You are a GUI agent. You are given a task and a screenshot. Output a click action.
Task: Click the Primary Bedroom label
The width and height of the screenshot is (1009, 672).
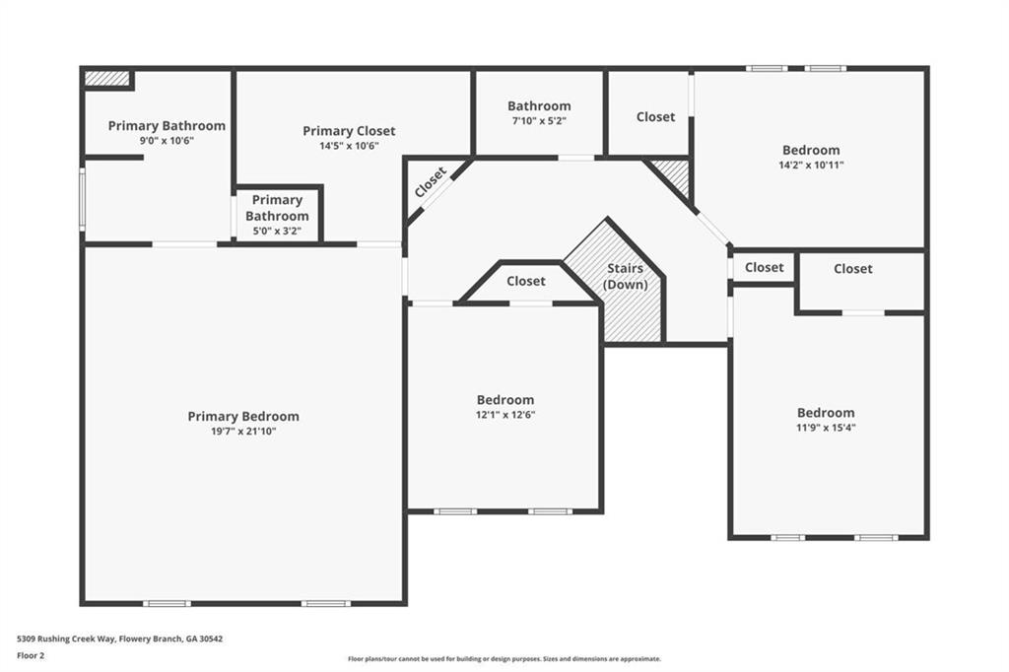pyautogui.click(x=243, y=417)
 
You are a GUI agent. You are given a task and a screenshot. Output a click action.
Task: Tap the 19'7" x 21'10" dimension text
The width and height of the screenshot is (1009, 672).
pyautogui.click(x=243, y=432)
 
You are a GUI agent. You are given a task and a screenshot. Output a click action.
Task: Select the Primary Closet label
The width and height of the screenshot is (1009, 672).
pyautogui.click(x=349, y=131)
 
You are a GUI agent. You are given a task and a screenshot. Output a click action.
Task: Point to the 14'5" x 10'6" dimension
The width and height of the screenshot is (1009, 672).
pyautogui.click(x=349, y=146)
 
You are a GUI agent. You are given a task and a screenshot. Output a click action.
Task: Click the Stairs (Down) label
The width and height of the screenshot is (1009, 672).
pyautogui.click(x=625, y=276)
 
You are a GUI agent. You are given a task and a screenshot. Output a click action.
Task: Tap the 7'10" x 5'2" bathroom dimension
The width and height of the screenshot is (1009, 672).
pyautogui.click(x=539, y=120)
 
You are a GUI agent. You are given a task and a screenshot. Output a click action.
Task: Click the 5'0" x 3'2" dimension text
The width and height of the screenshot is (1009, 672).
pyautogui.click(x=277, y=231)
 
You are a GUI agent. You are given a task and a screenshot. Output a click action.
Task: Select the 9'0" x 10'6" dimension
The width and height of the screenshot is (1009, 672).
pyautogui.click(x=167, y=140)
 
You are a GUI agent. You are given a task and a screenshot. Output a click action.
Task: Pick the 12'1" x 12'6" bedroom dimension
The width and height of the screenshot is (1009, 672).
pyautogui.click(x=505, y=415)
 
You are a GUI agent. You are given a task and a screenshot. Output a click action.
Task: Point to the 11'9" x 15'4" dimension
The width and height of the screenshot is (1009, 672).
pyautogui.click(x=826, y=428)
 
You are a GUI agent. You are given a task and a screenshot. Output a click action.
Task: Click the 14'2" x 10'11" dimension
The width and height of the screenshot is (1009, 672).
pyautogui.click(x=811, y=165)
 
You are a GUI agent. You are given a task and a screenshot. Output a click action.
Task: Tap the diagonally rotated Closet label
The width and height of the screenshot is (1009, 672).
pyautogui.click(x=431, y=182)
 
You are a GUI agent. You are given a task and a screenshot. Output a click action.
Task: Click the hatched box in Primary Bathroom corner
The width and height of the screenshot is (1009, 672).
pyautogui.click(x=106, y=78)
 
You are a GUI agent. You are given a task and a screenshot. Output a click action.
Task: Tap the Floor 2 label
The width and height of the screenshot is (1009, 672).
pyautogui.click(x=31, y=656)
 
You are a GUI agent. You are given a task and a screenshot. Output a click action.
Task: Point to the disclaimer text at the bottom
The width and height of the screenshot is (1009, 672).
pyautogui.click(x=504, y=659)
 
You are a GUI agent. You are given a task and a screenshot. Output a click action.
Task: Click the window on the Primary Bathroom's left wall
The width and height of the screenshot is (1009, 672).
pyautogui.click(x=82, y=199)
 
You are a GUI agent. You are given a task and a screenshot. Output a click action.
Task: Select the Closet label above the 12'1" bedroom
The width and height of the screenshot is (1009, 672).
pyautogui.click(x=526, y=281)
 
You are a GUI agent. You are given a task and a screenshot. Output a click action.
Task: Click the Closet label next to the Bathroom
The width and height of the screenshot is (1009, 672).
pyautogui.click(x=655, y=117)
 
